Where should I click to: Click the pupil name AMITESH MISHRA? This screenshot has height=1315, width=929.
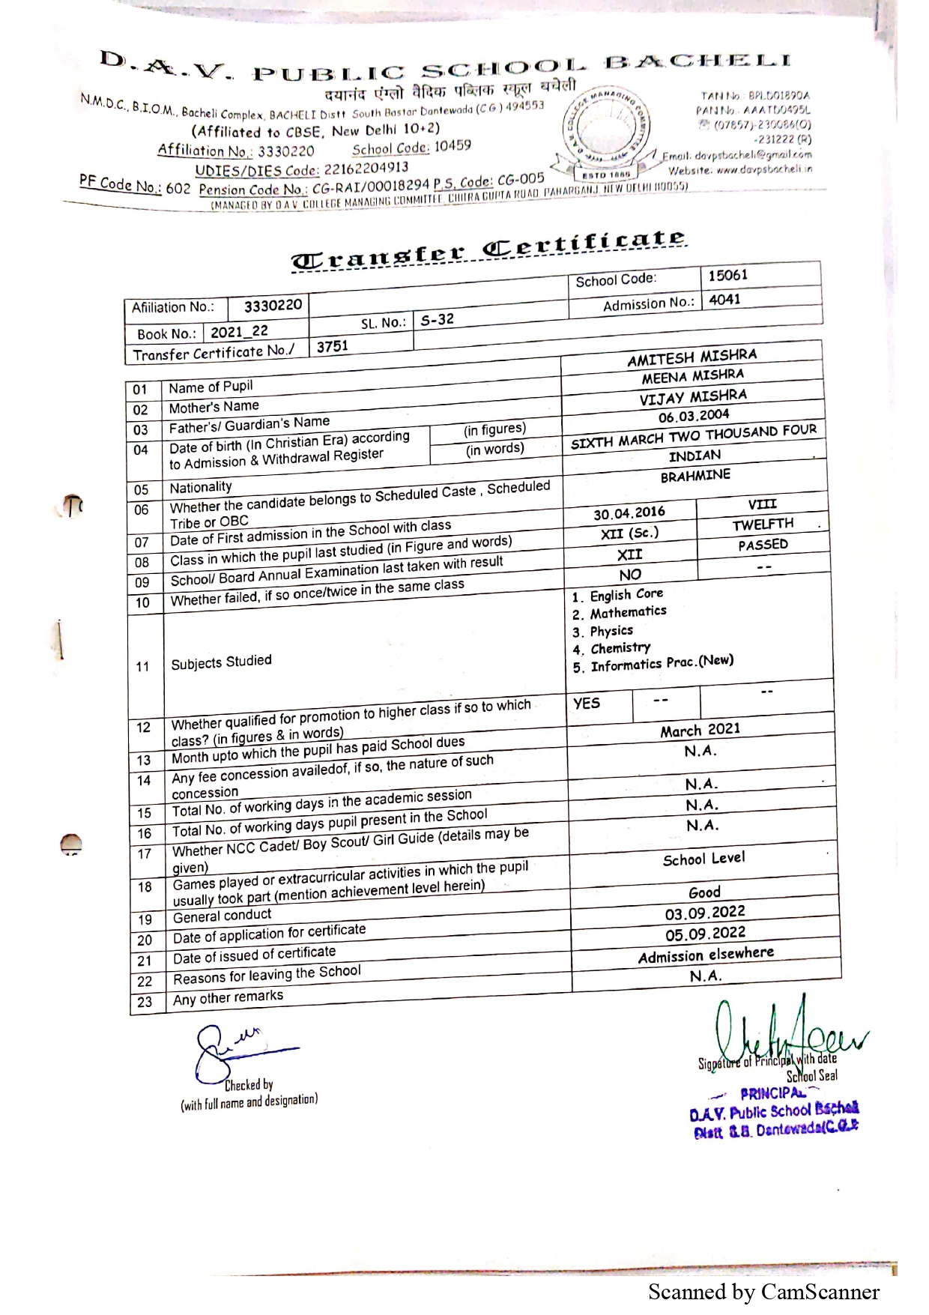692,357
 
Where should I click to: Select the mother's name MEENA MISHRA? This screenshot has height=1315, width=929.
692,376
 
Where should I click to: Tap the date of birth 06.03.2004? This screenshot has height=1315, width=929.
693,416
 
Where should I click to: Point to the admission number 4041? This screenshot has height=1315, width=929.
724,300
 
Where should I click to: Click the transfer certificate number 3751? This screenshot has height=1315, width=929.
332,346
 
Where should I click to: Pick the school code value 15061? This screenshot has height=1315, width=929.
727,275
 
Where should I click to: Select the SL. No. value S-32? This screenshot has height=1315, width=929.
437,320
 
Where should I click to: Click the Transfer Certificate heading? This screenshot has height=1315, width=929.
488,250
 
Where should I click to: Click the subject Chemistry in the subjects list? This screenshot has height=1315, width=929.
620,648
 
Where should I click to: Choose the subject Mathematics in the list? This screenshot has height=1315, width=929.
628,612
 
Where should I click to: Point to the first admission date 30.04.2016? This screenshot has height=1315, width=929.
629,513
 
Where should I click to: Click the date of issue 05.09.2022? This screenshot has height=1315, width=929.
705,934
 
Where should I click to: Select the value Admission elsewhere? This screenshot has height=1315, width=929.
706,955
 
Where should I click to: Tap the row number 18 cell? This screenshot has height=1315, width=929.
145,887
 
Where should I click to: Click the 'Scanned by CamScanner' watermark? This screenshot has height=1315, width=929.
763,1292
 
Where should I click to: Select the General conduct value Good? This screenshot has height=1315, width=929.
704,892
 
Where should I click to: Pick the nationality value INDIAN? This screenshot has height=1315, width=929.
695,456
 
